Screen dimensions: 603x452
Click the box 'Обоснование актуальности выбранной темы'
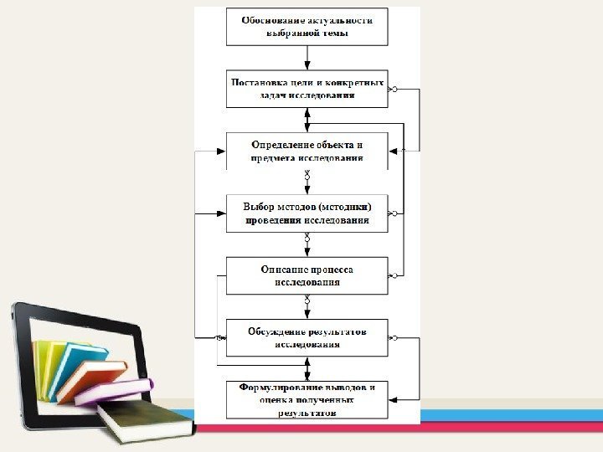tap(307, 27)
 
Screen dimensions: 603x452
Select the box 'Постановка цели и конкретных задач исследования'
tap(307, 89)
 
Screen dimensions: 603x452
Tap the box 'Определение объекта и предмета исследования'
tap(307, 151)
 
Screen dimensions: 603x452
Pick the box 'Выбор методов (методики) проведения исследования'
tap(307, 213)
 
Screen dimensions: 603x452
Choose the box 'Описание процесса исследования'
tap(307, 275)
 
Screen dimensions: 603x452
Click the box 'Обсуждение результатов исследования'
tap(307, 337)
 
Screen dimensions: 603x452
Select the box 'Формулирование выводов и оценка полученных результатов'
tap(307, 399)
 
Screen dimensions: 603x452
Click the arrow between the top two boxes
tap(307, 57)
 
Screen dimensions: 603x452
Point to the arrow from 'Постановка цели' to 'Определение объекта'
tap(307, 120)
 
